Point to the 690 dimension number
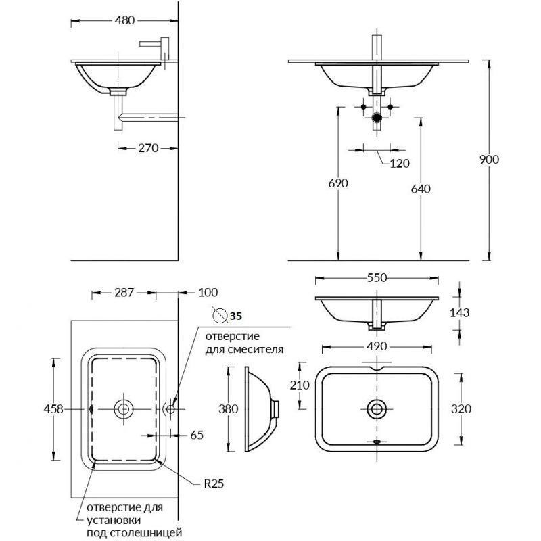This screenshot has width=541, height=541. [x=337, y=183]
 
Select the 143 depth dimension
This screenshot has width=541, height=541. [x=459, y=312]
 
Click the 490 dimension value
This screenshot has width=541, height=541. [x=376, y=346]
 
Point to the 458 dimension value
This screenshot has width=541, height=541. [x=53, y=408]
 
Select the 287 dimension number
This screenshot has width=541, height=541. [x=124, y=293]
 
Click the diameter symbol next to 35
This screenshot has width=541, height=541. [x=218, y=314]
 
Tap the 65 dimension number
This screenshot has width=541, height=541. [x=197, y=435]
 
